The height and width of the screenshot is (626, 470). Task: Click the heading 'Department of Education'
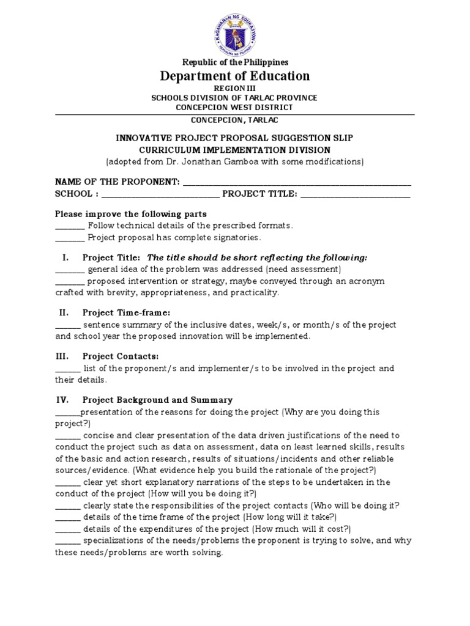point(235,76)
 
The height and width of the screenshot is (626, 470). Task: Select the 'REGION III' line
point(234,89)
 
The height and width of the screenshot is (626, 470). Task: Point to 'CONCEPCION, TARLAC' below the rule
point(234,120)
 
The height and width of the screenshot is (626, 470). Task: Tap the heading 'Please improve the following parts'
point(131,214)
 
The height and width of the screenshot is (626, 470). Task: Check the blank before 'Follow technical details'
point(69,226)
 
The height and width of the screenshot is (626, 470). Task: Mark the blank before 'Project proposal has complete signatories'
point(69,237)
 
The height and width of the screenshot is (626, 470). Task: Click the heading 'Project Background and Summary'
point(157,400)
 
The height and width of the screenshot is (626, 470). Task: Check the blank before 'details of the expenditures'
point(68,529)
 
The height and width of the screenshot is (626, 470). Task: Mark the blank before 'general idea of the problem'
point(69,270)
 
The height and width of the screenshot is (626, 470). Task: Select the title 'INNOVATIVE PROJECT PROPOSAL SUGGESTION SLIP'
point(234,138)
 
